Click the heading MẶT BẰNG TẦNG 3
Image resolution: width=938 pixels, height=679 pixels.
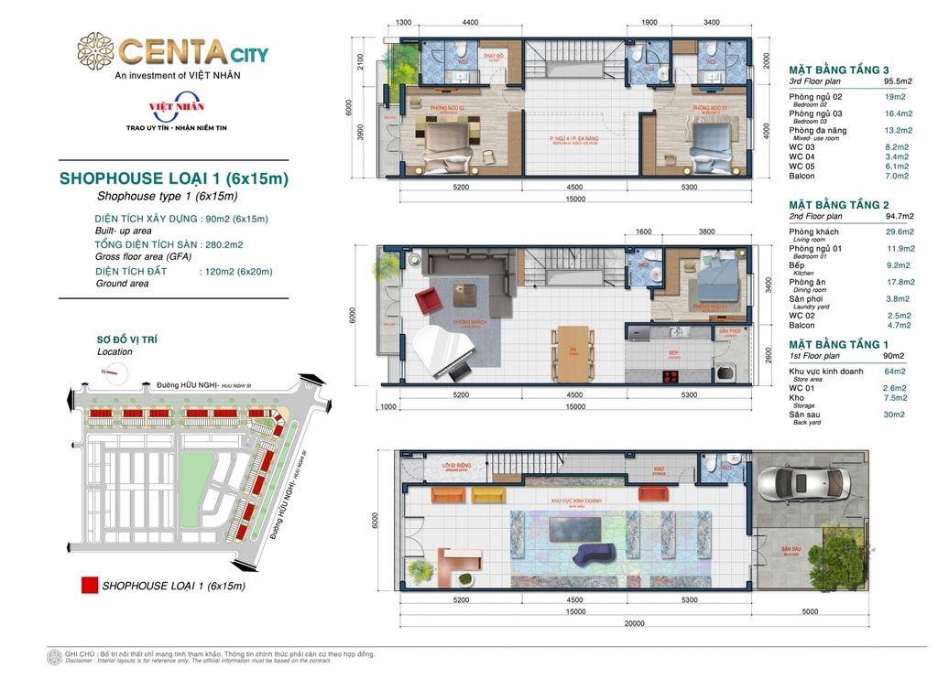coord(838,70)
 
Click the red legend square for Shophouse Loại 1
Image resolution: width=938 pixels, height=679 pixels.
coord(89,586)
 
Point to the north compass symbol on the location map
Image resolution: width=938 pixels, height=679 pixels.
coord(115,372)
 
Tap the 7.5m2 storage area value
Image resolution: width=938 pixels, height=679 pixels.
coord(894,398)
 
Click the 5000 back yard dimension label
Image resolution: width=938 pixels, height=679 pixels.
coord(810,611)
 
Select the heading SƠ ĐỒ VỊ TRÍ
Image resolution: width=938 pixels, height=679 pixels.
coord(126,339)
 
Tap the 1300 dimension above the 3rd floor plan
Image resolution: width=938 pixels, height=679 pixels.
coord(404,22)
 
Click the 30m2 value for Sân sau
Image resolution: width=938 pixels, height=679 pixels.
coord(892,415)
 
